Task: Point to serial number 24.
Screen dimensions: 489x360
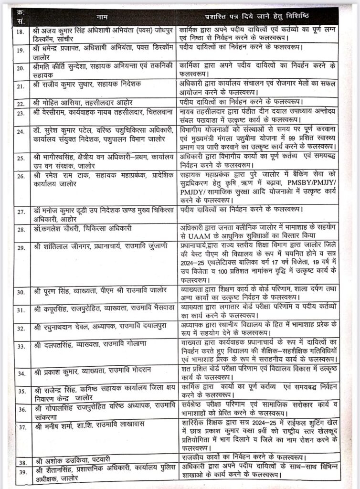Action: click(20, 131)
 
